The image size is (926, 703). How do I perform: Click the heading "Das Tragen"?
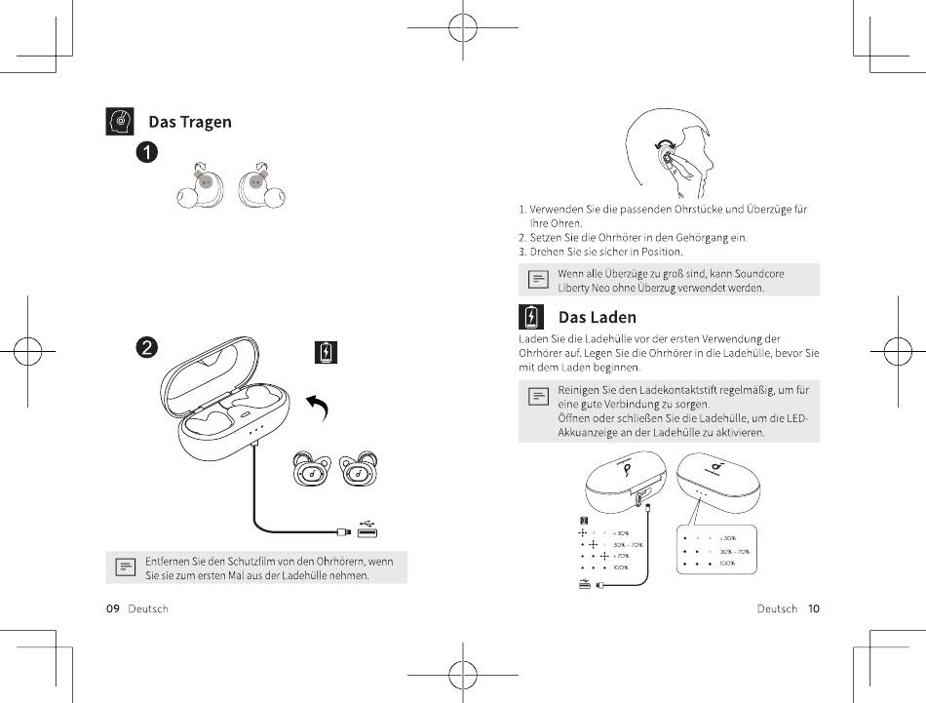click(189, 122)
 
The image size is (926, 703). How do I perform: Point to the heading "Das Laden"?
click(597, 317)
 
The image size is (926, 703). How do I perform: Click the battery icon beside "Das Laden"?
click(531, 317)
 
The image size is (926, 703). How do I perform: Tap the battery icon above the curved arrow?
click(326, 352)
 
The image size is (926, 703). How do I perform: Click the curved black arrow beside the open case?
click(317, 407)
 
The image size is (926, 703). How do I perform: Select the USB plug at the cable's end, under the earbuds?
click(367, 530)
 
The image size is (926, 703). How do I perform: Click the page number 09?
click(112, 608)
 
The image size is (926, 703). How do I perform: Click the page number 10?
click(813, 608)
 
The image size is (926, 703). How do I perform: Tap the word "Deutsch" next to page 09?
click(148, 608)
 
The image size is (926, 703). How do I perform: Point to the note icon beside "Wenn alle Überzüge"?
click(537, 280)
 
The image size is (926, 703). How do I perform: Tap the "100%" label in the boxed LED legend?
click(728, 564)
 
